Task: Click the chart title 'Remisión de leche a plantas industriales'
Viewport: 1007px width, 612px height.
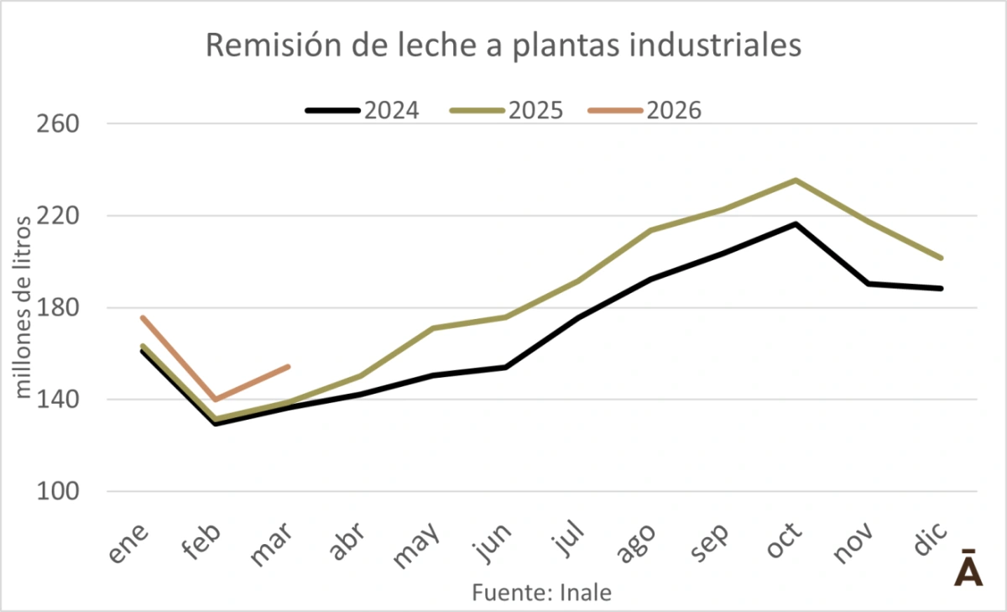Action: pyautogui.click(x=503, y=45)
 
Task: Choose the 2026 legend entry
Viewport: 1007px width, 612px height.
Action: pyautogui.click(x=644, y=110)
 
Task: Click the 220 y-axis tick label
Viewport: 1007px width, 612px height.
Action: pyautogui.click(x=58, y=216)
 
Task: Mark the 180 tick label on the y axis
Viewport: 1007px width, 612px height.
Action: pyautogui.click(x=58, y=308)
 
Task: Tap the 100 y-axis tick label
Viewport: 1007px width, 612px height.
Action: pyautogui.click(x=58, y=492)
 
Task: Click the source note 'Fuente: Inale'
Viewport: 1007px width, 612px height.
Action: pyautogui.click(x=541, y=593)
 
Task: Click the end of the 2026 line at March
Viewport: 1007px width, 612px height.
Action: pyautogui.click(x=289, y=366)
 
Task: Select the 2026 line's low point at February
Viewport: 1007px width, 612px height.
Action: pyautogui.click(x=216, y=400)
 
